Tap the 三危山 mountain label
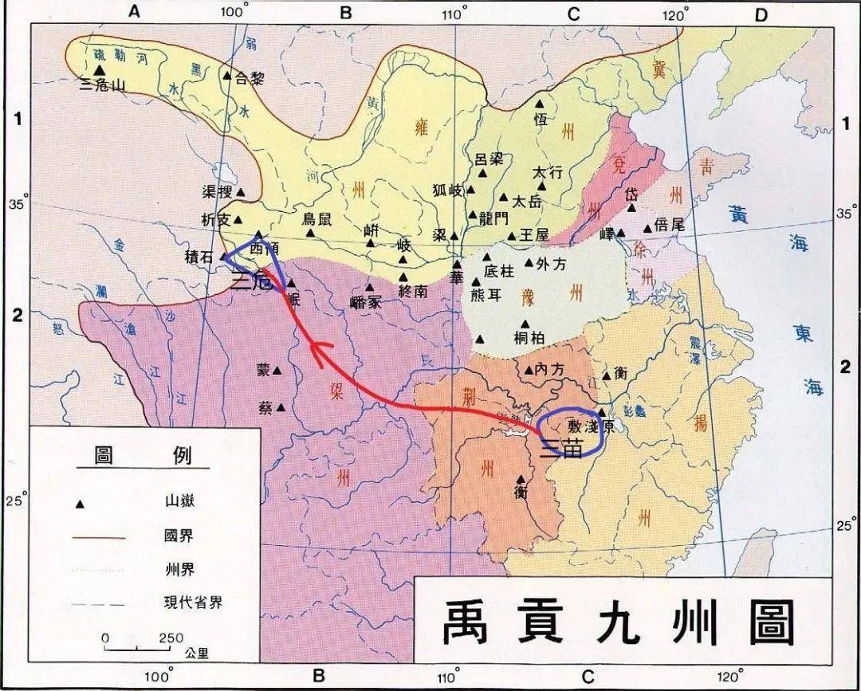point(104,85)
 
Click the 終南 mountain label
point(416,291)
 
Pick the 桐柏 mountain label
point(530,337)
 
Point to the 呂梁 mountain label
point(489,159)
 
